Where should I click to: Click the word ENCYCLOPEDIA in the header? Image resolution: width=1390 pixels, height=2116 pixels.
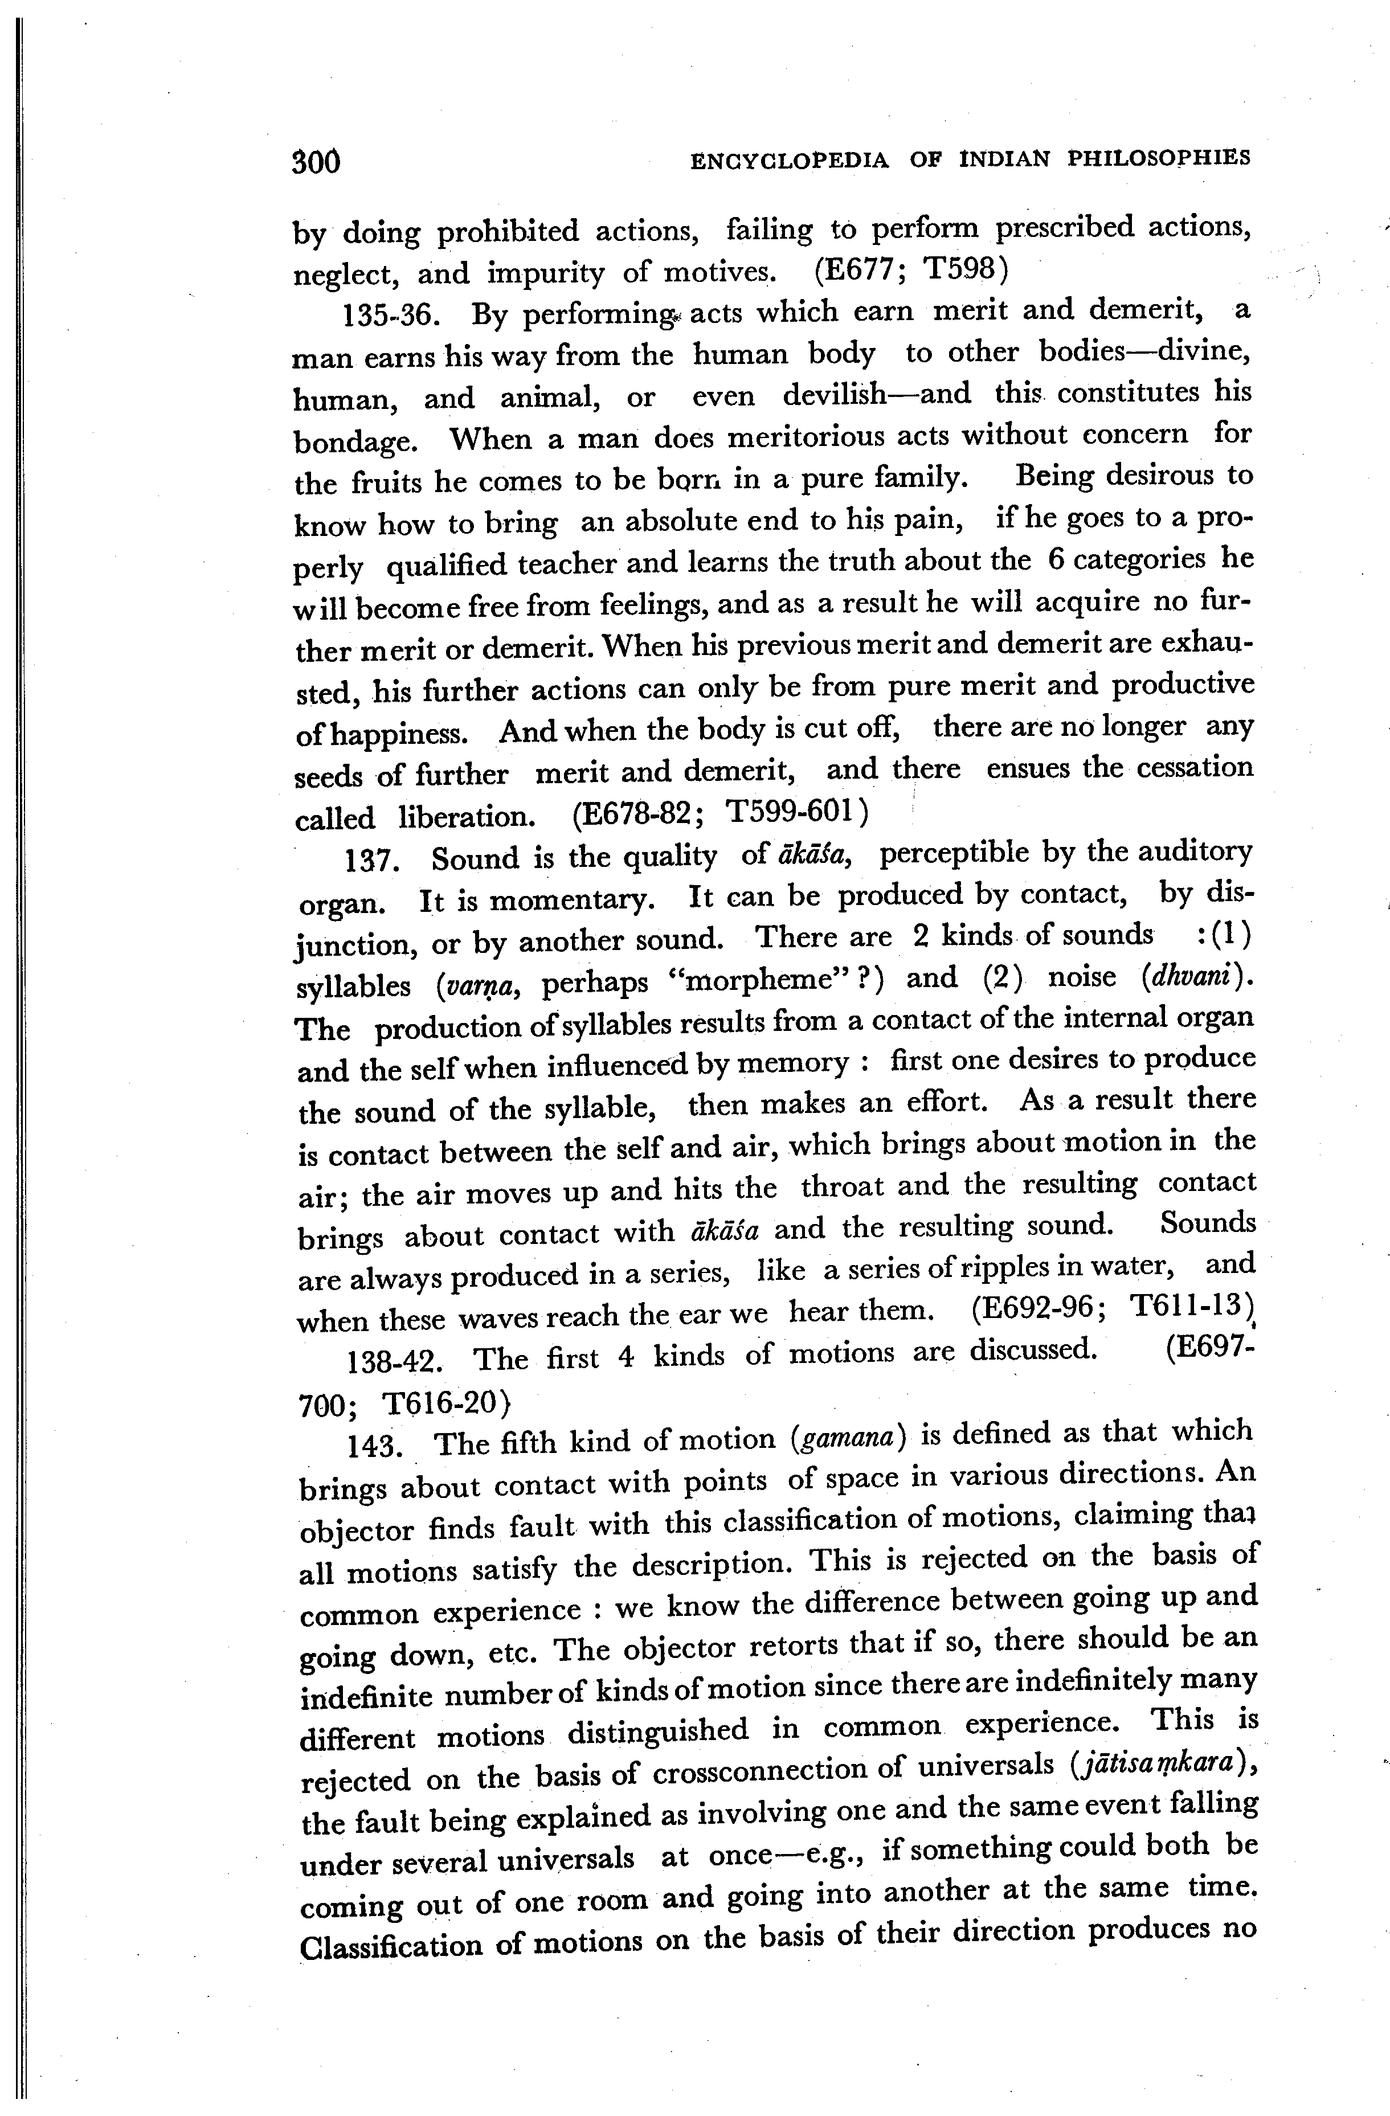(790, 160)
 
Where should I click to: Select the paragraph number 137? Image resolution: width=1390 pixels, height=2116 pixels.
(369, 860)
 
